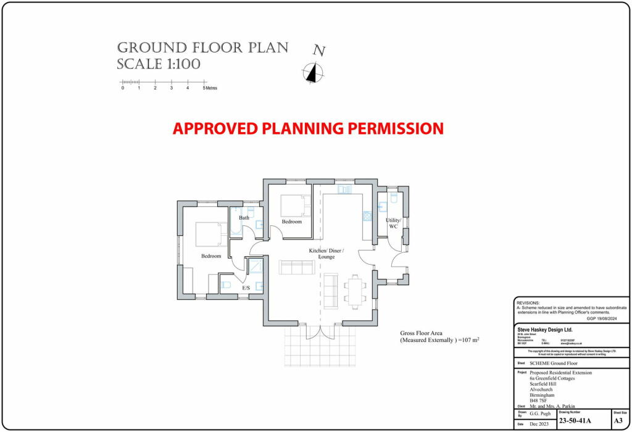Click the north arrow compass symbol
coord(314,73)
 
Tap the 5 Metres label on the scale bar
coord(210,88)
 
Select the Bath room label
coord(244,218)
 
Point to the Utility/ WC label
coord(394,223)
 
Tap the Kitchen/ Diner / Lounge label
coord(326,253)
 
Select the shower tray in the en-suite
coord(255,266)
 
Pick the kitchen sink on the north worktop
coord(344,189)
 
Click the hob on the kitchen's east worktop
coord(367,215)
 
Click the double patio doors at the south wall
coord(319,331)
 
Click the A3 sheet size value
coord(618,422)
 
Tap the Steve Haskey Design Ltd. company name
coord(545,330)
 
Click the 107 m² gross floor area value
coord(468,340)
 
